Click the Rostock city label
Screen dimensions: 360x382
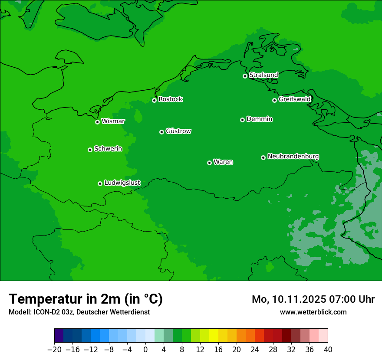click(x=170, y=99)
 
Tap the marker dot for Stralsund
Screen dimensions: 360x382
click(x=245, y=76)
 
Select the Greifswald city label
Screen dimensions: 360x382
click(x=294, y=99)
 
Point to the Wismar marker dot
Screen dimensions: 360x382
click(x=97, y=122)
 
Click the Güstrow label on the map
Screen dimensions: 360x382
click(x=178, y=131)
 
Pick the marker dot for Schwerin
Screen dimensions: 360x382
click(x=90, y=150)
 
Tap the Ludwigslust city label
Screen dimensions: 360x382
click(x=122, y=183)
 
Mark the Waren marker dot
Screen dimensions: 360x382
click(x=209, y=163)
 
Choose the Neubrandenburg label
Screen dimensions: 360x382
click(x=293, y=156)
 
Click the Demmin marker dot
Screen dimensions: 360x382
click(x=242, y=120)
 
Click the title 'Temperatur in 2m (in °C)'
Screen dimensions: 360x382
click(x=86, y=299)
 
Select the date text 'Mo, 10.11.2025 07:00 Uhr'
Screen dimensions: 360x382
click(x=313, y=299)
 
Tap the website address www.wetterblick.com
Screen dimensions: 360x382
click(x=313, y=312)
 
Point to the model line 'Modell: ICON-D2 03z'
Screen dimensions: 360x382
click(x=41, y=312)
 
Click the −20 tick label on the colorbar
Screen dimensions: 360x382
click(x=54, y=349)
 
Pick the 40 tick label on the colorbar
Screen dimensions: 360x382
click(x=328, y=349)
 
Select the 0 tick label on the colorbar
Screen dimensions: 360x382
click(x=145, y=349)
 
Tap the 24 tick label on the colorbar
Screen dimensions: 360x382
click(x=255, y=349)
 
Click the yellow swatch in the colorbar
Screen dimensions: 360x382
click(x=214, y=336)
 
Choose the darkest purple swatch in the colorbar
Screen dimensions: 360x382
click(x=59, y=336)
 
